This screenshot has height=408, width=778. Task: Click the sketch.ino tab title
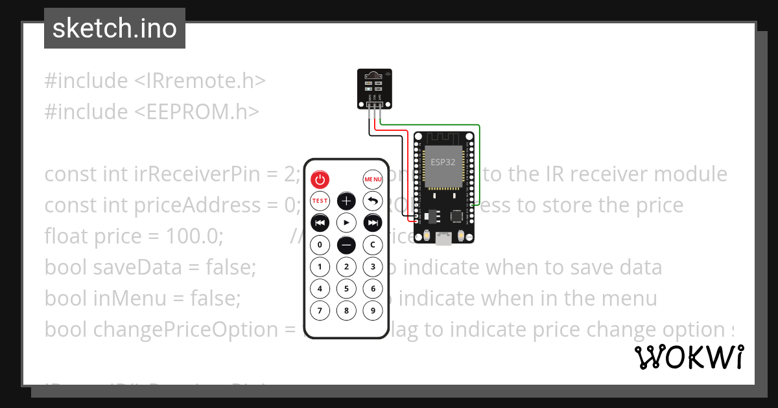click(114, 29)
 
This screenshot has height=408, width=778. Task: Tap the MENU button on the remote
click(373, 179)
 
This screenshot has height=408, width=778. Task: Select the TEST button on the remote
click(320, 201)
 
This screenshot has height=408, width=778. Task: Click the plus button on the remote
click(346, 201)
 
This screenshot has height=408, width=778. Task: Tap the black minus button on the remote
click(346, 245)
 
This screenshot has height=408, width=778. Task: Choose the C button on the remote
click(372, 245)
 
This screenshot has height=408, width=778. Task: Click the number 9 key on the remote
click(372, 310)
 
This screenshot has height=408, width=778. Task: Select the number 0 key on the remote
click(320, 245)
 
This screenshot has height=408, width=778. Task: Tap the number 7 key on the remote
click(320, 310)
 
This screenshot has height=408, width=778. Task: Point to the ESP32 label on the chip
click(443, 162)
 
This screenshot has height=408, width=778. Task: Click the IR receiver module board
click(374, 88)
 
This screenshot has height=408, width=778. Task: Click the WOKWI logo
click(689, 357)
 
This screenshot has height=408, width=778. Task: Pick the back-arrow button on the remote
click(372, 201)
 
